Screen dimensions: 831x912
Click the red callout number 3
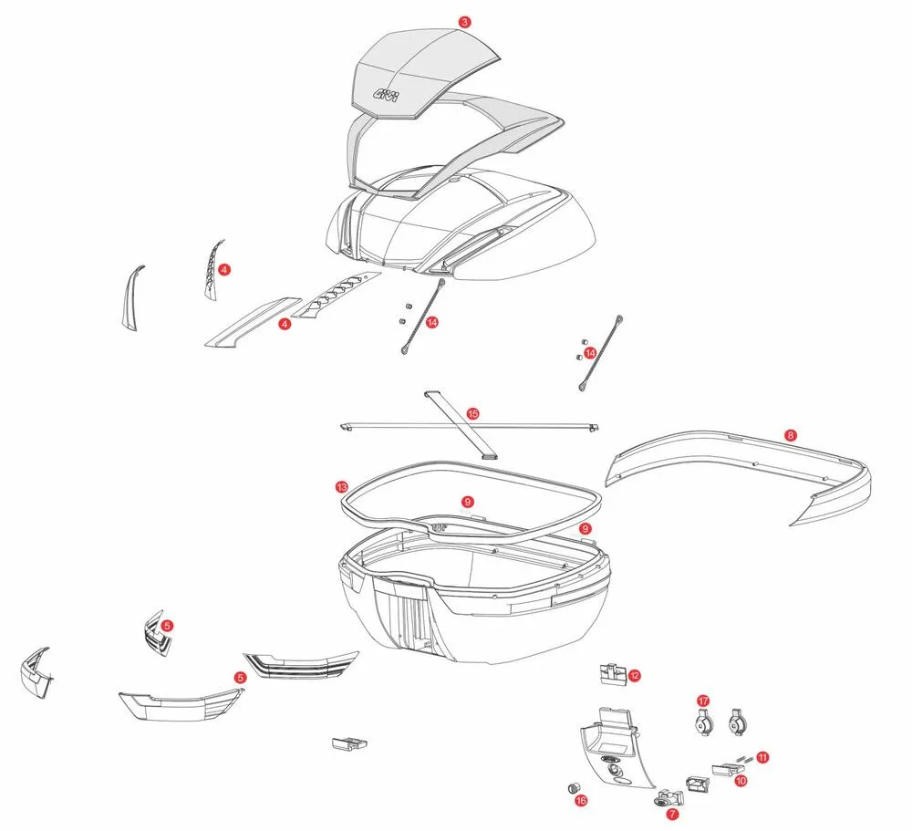click(x=465, y=22)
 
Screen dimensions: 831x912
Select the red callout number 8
click(x=791, y=435)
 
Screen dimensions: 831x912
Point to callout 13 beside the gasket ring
click(x=340, y=487)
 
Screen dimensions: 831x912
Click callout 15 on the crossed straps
click(x=472, y=413)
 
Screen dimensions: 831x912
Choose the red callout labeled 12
click(x=634, y=676)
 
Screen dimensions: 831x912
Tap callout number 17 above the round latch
click(x=703, y=700)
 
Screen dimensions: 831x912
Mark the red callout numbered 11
click(x=762, y=757)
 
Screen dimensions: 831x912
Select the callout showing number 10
click(x=741, y=781)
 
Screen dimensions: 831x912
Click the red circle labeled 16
click(x=581, y=800)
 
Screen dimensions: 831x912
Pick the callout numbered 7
click(x=672, y=813)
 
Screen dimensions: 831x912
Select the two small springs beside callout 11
click(x=743, y=755)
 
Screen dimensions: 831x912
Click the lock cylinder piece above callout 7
click(x=664, y=795)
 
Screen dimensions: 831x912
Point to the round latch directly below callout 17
click(x=702, y=723)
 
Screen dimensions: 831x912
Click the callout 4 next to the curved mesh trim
click(x=223, y=269)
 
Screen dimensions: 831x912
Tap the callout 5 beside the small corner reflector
click(x=167, y=626)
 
